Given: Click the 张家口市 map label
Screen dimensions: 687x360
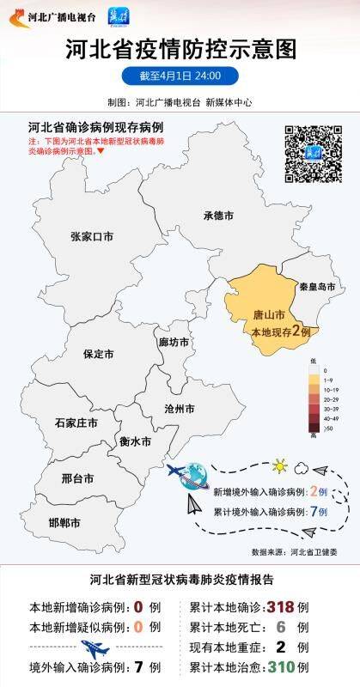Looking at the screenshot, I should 92,236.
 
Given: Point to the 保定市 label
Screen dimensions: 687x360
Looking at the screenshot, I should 99,354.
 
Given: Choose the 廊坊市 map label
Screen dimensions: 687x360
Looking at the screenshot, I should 174,342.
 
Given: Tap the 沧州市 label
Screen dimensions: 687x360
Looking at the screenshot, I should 178,408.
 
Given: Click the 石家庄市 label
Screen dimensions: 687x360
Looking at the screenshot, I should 76,423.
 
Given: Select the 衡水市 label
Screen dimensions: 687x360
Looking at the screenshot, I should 135,441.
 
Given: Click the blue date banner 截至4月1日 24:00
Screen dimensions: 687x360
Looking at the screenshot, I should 180,76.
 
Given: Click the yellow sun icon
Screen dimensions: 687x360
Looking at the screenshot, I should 278,466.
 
